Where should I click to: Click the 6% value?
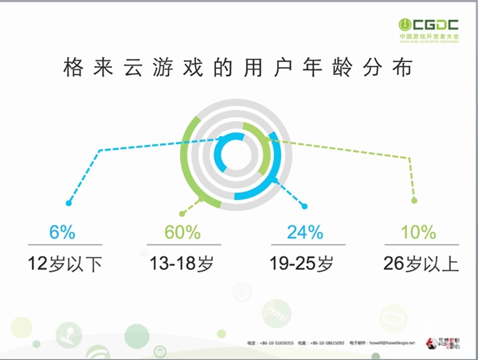61,233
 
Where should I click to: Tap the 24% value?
304,233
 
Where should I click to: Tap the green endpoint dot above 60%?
182,213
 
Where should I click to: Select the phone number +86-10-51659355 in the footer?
283,343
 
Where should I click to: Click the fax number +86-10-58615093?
327,343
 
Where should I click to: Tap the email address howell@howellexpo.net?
394,343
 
